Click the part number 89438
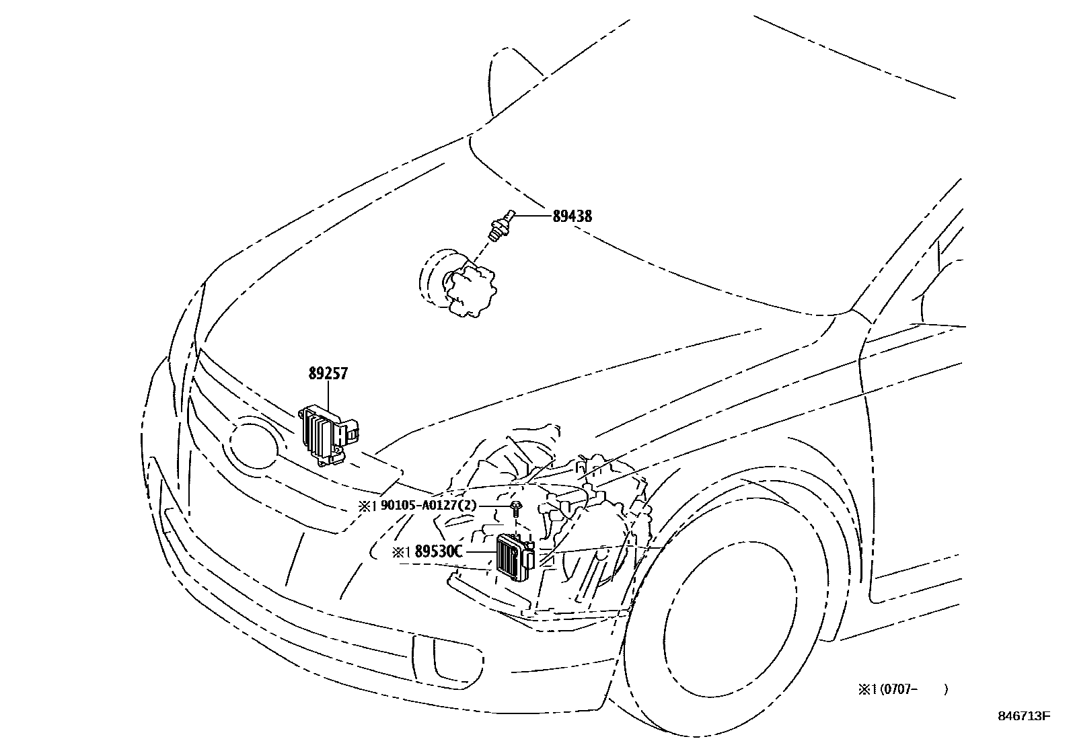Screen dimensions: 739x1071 coord(572,216)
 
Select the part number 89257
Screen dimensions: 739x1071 coord(328,373)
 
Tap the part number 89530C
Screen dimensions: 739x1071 coord(439,551)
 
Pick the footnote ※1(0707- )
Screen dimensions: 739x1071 coord(902,689)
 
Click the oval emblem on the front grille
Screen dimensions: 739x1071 coord(254,444)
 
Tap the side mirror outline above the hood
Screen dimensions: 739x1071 coord(506,81)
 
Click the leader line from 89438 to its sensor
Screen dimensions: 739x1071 coord(534,216)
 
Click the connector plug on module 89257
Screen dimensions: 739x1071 coord(352,431)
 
